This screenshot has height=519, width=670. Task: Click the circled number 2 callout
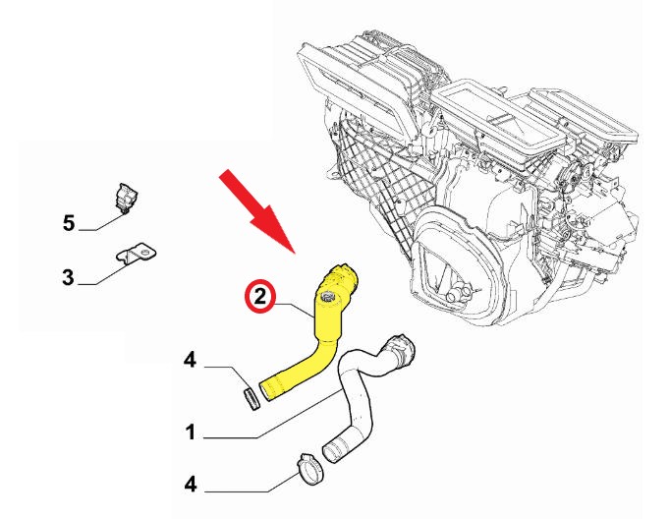point(260,296)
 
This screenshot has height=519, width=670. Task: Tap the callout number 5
point(69,223)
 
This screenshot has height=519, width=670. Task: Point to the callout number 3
point(69,277)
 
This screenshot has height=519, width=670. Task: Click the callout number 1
point(191,432)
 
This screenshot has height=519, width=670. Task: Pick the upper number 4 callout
point(191,360)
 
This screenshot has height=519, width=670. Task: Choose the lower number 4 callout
point(191,485)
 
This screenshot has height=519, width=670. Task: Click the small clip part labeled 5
point(127,198)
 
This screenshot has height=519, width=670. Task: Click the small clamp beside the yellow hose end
point(251,398)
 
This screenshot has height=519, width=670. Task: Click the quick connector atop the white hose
point(401,348)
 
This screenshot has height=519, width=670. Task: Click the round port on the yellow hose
point(328,296)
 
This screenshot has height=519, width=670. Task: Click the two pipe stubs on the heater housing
point(456,294)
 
